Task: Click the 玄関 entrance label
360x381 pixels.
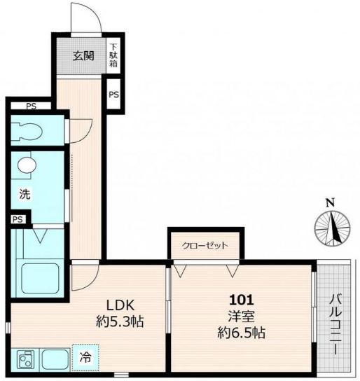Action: [83, 56]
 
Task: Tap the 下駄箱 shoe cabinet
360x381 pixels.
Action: [113, 55]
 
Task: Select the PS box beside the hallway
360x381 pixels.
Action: [113, 95]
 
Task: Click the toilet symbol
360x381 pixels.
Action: [27, 132]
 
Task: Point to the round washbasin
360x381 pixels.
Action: [27, 165]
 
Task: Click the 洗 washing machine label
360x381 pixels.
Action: [25, 194]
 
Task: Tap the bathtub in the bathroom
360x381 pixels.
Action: [41, 279]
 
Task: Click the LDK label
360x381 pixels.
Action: [120, 305]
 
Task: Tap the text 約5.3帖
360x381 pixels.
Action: [120, 321]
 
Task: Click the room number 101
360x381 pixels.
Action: [242, 300]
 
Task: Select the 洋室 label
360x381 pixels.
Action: [241, 317]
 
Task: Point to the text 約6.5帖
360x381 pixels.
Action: [241, 333]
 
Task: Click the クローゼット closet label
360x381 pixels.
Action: [205, 246]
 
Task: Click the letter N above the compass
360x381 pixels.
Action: [330, 203]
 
